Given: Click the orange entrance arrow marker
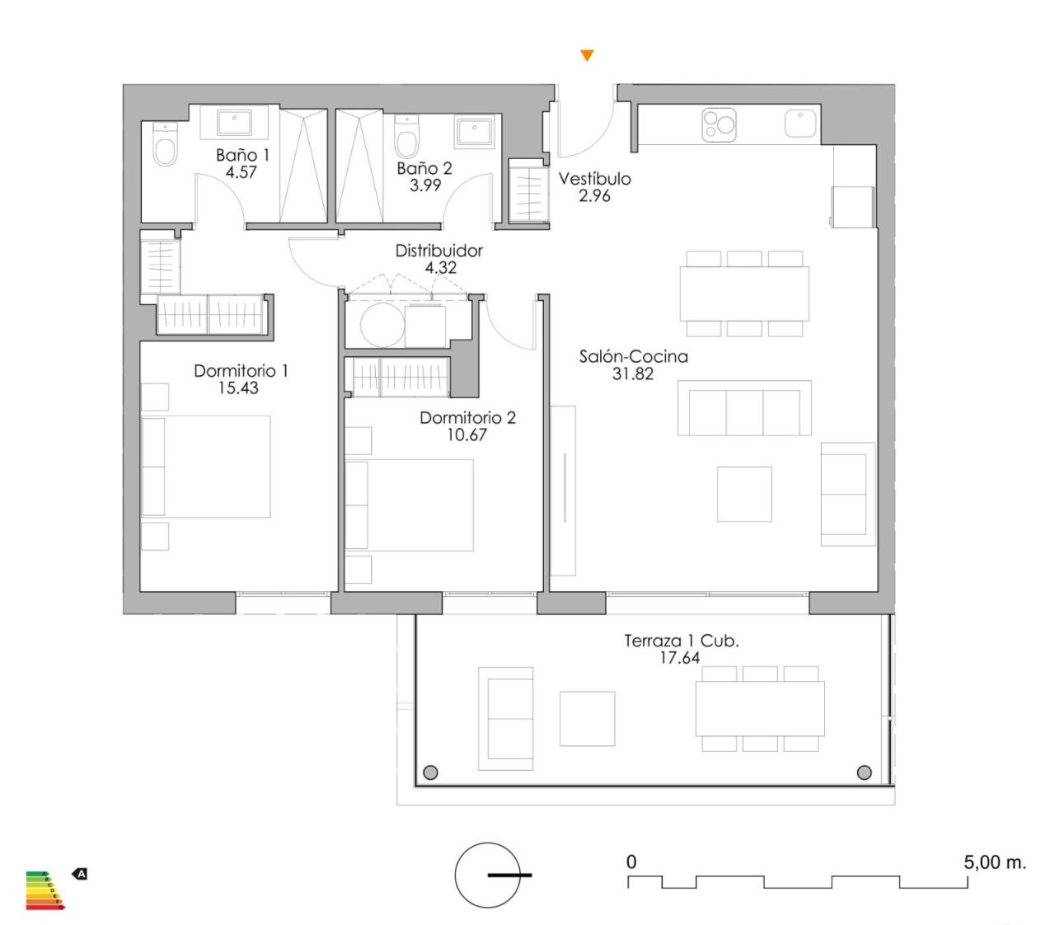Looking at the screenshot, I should [x=587, y=56].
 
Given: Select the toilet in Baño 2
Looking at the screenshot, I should [x=407, y=138].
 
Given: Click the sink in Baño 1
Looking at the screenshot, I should [x=234, y=122].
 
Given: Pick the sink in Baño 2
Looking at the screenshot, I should [x=475, y=129].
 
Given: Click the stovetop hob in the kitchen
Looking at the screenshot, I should [x=719, y=124].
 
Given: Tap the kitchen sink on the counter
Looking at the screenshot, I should [x=799, y=124].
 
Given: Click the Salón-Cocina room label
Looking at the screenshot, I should [x=633, y=356].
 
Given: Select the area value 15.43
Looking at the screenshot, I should [x=238, y=388].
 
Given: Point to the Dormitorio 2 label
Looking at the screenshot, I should [x=467, y=417].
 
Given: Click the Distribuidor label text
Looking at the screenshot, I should [x=439, y=251].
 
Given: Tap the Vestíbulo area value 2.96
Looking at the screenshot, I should [x=594, y=196].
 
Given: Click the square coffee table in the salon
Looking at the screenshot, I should [x=744, y=494].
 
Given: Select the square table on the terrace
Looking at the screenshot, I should [x=587, y=719].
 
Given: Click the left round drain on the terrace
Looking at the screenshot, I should [x=430, y=773].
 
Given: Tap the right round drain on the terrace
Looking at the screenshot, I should [x=864, y=772].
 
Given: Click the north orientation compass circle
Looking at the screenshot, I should [x=488, y=875].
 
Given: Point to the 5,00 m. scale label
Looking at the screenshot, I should [x=995, y=862].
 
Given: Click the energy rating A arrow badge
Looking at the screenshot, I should [x=80, y=873].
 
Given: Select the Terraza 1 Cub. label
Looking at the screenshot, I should [x=681, y=641].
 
